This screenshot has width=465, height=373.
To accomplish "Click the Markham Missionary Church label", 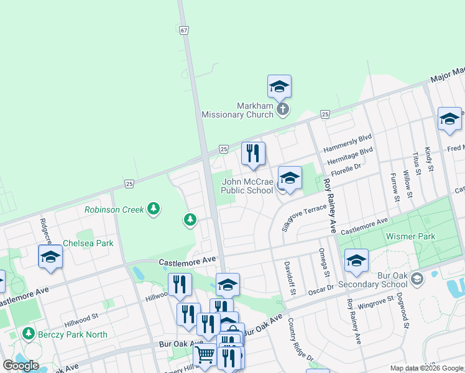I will click(237, 110).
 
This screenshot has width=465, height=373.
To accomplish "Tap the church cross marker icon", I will click(282, 110).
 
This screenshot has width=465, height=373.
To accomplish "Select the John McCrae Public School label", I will click(247, 186).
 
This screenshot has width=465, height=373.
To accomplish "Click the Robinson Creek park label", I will click(114, 210).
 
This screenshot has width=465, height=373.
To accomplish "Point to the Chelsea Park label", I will click(88, 243).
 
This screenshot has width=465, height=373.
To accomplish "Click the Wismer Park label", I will click(410, 236).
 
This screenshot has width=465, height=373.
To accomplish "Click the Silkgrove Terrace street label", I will click(304, 218).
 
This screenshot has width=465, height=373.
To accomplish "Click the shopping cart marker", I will click(205, 355).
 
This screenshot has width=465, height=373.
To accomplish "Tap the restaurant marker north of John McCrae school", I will click(253, 154).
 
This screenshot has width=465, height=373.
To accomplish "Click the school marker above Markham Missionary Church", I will click(279, 86).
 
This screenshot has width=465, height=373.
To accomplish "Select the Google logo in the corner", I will click(21, 366).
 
